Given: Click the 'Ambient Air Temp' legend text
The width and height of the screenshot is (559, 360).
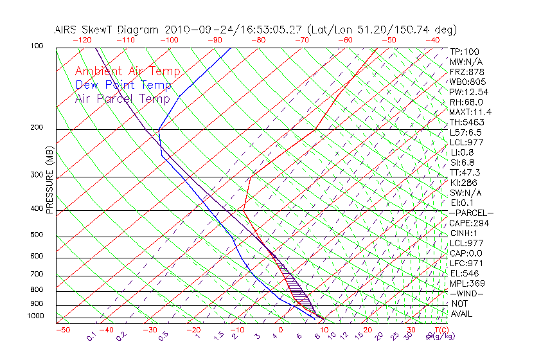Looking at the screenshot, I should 127,72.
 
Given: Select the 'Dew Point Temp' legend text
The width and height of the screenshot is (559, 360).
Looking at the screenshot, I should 123,85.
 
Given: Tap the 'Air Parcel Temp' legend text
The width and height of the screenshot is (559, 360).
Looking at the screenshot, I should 122,99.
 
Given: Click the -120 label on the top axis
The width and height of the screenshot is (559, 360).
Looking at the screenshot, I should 82,40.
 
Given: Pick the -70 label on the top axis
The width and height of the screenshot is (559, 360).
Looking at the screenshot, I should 301,40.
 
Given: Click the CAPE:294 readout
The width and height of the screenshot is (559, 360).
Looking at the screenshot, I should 469,223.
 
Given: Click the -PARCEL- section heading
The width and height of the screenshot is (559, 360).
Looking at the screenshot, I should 471,213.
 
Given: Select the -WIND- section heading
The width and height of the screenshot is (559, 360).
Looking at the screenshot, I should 467,294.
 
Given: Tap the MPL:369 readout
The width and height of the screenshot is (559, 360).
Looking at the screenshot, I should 467,283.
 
